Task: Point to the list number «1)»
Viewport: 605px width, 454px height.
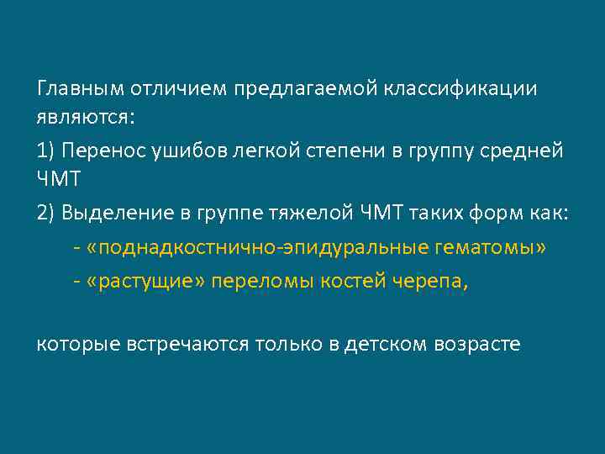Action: tap(46, 150)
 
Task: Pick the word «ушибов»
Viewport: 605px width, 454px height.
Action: tap(181, 150)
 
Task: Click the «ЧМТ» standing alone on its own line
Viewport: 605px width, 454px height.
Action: tap(59, 182)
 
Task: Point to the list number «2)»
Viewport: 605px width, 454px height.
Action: tap(46, 214)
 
